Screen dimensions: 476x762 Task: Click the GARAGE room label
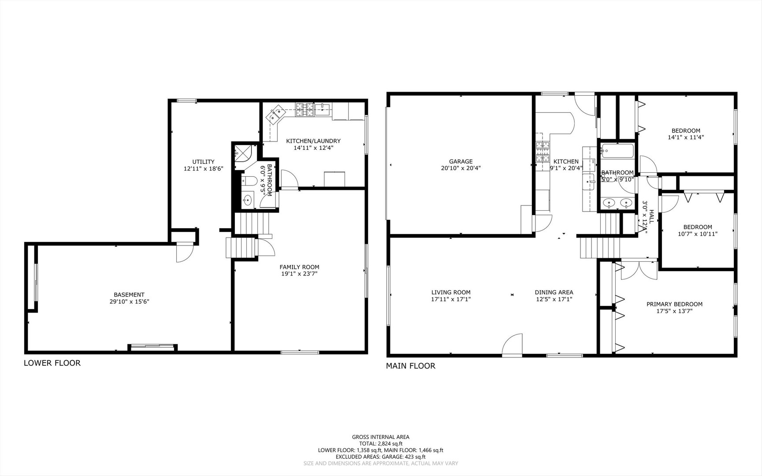(461, 161)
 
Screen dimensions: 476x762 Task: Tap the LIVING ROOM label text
(450, 292)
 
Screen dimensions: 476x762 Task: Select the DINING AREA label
(554, 292)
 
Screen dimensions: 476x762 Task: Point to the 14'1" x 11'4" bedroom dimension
(685, 137)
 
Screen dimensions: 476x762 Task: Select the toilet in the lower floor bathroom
(249, 180)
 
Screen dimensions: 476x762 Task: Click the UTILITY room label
(203, 162)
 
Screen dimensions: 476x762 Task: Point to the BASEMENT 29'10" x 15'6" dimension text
(129, 301)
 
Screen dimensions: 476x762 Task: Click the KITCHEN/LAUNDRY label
(313, 141)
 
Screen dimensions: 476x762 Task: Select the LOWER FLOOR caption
(52, 363)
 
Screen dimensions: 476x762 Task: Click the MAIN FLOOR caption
(410, 366)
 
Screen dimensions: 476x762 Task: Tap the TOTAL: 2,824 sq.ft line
(380, 444)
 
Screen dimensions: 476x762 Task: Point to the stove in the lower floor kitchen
(304, 109)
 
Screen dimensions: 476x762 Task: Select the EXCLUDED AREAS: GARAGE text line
(380, 457)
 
